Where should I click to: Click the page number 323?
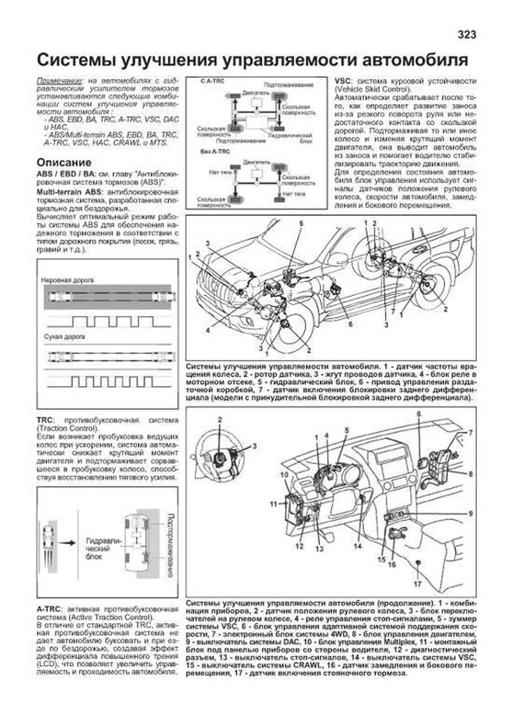point(466,35)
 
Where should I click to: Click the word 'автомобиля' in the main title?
point(415,60)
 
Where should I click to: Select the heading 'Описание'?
point(64,163)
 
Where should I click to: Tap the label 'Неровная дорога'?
point(67,280)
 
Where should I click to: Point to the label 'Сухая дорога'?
point(64,337)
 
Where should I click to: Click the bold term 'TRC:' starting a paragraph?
point(44,421)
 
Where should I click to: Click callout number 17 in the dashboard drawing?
point(417,584)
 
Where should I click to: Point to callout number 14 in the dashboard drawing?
point(357,546)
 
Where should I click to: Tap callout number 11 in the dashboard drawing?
point(274,504)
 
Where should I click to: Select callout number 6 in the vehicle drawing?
point(350,324)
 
